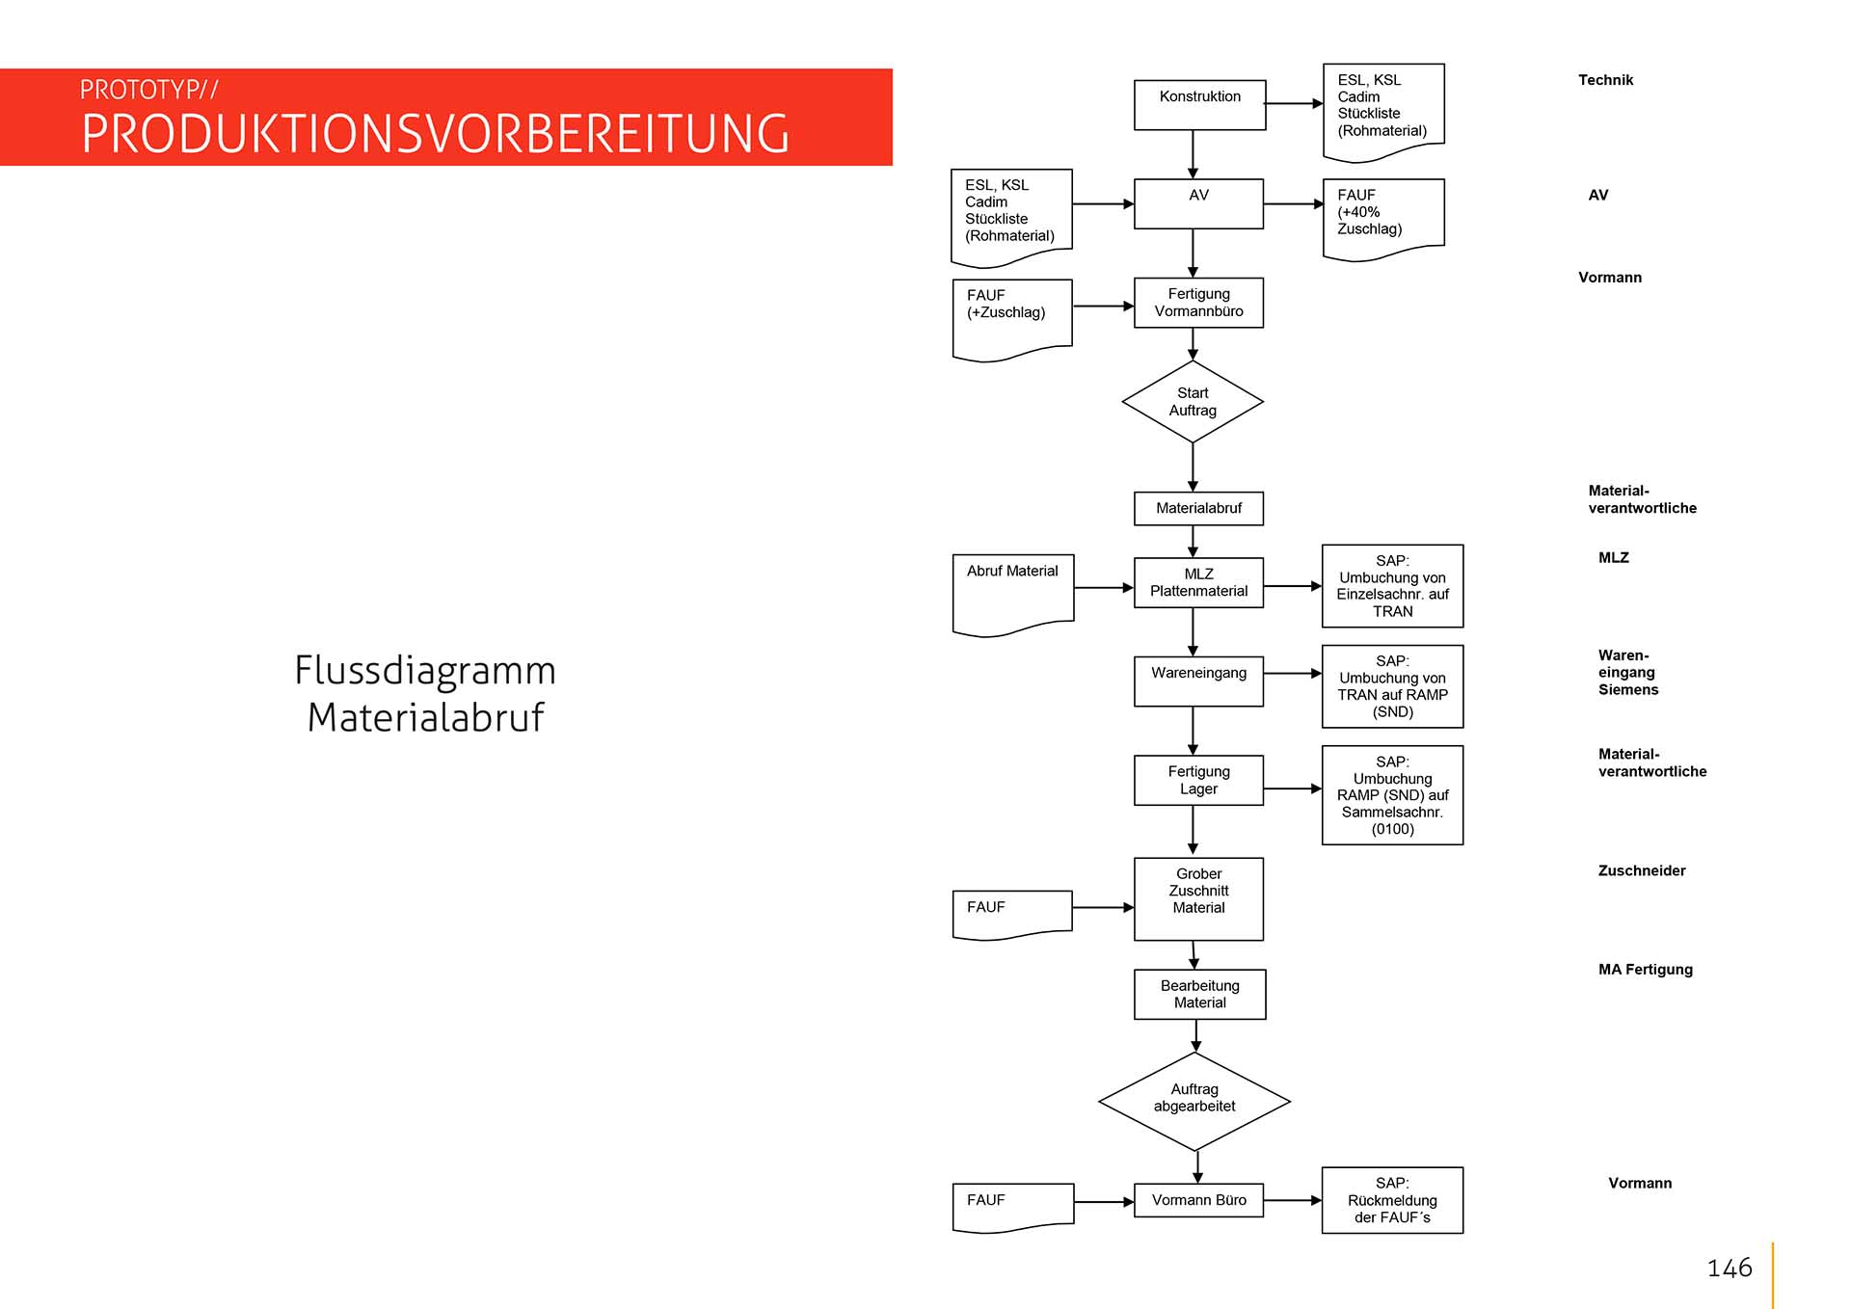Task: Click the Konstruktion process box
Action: (1199, 104)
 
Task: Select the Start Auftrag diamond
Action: (1193, 402)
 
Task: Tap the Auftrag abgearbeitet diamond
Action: (1194, 1100)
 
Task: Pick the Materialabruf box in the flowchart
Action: (1198, 508)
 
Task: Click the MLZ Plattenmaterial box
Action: (1198, 582)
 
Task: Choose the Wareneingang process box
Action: (1198, 681)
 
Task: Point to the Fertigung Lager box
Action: (1198, 780)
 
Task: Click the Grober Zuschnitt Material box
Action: (1198, 898)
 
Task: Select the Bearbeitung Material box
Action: (1199, 994)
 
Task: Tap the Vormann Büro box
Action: (1198, 1200)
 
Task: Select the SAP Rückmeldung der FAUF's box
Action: (1392, 1200)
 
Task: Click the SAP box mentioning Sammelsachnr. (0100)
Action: (1392, 795)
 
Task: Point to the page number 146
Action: (1730, 1268)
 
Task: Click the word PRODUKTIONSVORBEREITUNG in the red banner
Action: (436, 134)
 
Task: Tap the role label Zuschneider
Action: (1642, 870)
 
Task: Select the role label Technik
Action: (1605, 80)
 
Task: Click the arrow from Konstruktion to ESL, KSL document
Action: (1294, 103)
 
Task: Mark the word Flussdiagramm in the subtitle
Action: (425, 670)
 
